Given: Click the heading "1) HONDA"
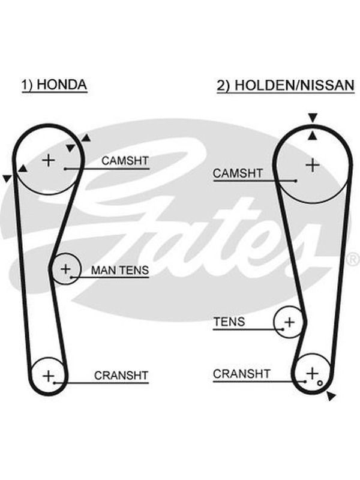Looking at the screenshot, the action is pos(54,85).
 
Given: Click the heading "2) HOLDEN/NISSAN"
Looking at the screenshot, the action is pos(286,85).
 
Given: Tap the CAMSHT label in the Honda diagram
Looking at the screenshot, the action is pos(125,161).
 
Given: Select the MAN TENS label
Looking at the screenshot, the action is pos(120,270).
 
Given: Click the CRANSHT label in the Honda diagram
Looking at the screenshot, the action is pos(121,376).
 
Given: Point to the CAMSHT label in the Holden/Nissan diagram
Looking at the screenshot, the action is pos(238,173).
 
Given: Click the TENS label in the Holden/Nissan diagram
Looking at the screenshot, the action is pos(229,322).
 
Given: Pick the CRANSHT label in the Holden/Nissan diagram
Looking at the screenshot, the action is pos(242,374).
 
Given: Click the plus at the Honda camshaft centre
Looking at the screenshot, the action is pos(49,160).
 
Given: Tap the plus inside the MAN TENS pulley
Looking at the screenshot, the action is pos(65,269).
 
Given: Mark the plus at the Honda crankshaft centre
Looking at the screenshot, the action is pos(49,376).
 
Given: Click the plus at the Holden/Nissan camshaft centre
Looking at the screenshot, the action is pos(313,166).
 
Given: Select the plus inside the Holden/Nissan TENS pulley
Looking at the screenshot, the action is pos(290,322).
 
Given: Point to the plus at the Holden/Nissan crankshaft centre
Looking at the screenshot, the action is pos(312,373).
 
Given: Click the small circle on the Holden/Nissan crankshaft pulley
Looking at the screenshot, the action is pos(320,383).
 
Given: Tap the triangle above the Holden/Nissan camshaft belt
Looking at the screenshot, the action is pos(313,118).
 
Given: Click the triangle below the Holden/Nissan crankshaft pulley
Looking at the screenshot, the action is pos(331,396).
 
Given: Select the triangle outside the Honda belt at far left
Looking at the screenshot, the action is pos(7,178).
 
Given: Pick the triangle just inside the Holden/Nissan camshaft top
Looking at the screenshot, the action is pos(312,136).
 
